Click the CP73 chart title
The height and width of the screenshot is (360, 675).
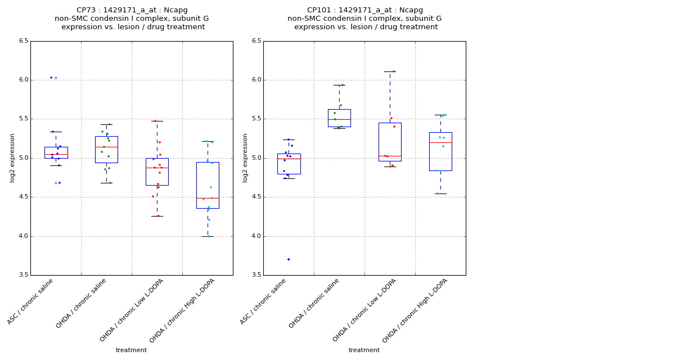coord(132,19)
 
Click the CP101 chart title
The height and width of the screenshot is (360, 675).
coord(364,19)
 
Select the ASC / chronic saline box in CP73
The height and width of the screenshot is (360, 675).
coord(56,152)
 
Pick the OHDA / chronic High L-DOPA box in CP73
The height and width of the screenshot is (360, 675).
coord(208,185)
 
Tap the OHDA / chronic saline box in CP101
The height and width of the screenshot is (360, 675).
coord(339,118)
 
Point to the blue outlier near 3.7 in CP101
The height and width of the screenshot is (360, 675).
coord(289,259)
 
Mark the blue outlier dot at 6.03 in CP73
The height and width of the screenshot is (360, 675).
coord(51,78)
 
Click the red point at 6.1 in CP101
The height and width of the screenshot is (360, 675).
coord(393,71)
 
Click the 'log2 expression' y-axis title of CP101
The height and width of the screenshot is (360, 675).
coord(245,157)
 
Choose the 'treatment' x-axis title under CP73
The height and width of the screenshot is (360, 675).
coord(131,350)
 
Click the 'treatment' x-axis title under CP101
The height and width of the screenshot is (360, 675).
coord(364,350)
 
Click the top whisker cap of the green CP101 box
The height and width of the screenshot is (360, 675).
coord(339,85)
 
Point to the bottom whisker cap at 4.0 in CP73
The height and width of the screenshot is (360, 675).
coord(208,236)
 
